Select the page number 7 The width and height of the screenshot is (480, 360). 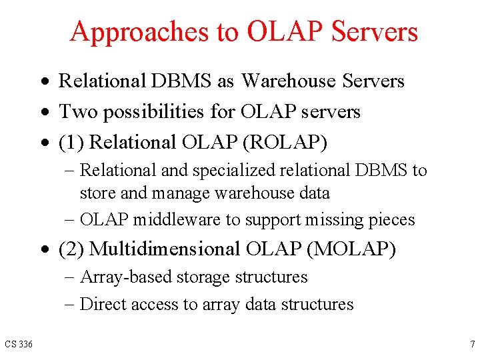[471, 344]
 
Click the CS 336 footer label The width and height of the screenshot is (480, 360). [19, 344]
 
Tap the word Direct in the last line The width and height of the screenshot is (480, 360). [102, 304]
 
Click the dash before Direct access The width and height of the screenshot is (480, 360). [71, 305]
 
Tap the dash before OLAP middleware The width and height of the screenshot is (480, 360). [71, 221]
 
